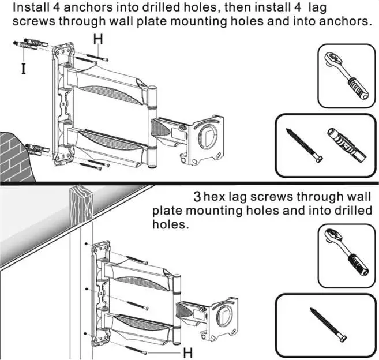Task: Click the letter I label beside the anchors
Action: [x=22, y=69]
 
